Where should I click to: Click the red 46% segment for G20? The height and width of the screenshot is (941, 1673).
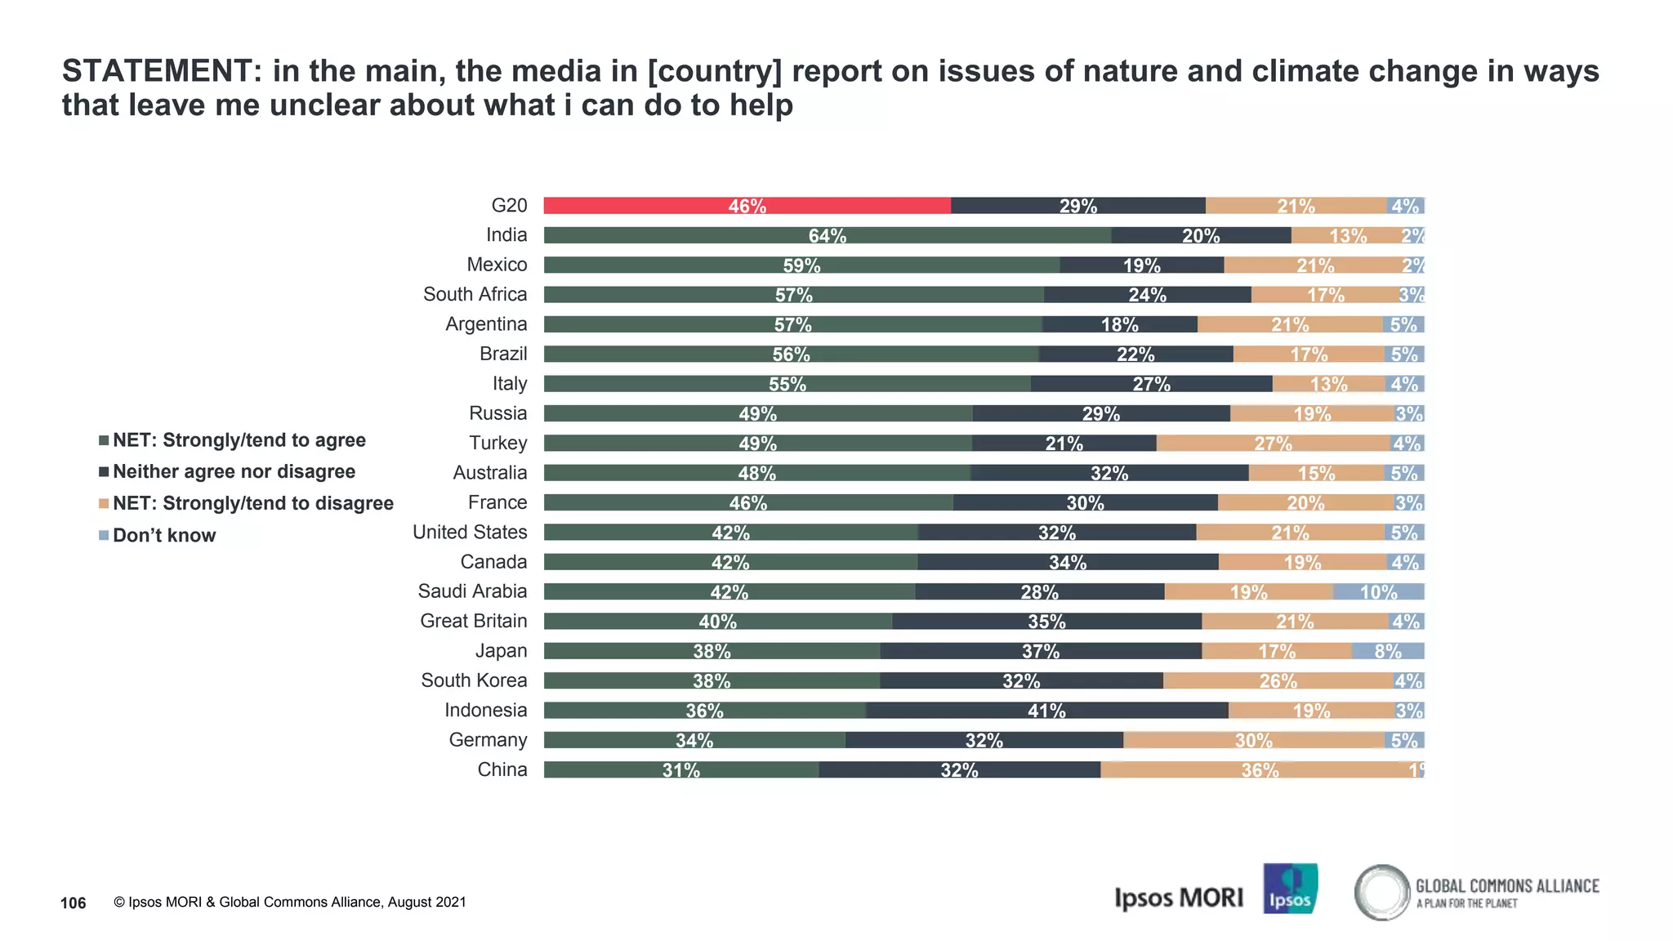pos(747,206)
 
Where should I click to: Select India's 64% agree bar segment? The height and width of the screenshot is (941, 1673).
pos(827,235)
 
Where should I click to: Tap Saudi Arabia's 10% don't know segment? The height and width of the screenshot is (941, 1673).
pos(1378,592)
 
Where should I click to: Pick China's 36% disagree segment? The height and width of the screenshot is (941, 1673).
pos(1260,769)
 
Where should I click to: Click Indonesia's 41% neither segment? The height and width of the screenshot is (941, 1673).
pos(1046,711)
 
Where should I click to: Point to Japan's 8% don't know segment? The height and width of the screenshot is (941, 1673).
pos(1387,651)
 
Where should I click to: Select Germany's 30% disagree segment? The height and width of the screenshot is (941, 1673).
pos(1253,740)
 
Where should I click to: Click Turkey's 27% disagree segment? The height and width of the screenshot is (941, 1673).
pos(1273,444)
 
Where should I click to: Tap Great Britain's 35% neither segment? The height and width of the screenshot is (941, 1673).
pos(1046,622)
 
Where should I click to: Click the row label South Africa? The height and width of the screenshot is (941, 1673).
pos(475,294)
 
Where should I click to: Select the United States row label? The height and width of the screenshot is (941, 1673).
pos(470,533)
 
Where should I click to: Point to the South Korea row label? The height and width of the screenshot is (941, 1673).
pos(474,680)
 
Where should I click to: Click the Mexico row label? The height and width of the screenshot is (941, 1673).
pos(497,265)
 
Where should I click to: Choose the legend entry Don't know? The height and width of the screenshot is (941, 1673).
pos(163,536)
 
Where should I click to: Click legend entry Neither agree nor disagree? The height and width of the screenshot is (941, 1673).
pos(234,472)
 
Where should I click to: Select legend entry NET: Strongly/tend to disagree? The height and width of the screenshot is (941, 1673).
pos(252,504)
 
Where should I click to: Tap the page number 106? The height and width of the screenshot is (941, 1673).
pos(74,903)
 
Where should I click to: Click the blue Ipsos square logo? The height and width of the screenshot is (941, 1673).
pos(1290,889)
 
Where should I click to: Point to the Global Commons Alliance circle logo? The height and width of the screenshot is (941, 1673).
pos(1381,892)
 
